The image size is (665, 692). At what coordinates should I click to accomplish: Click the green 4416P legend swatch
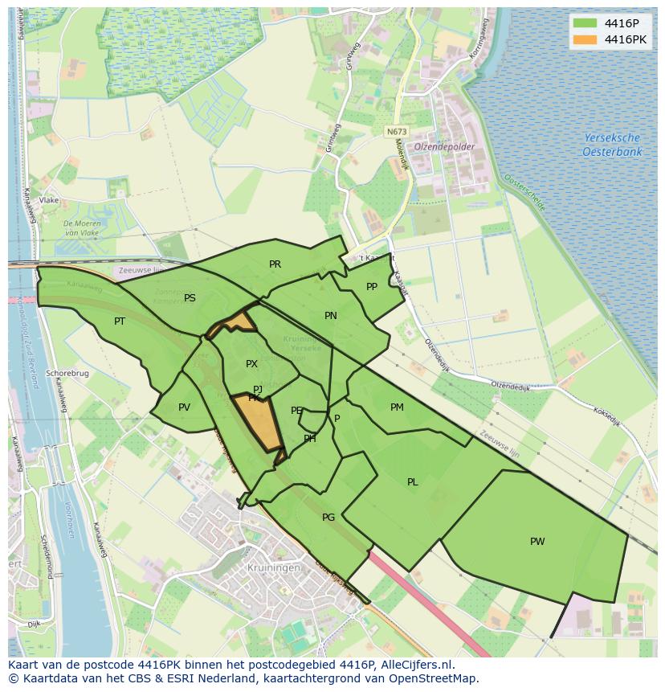click(585, 23)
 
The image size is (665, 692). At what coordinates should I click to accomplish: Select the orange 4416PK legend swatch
click(585, 39)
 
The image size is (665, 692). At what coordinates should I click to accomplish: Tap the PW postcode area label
click(537, 542)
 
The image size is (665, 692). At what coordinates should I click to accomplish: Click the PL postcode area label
click(412, 482)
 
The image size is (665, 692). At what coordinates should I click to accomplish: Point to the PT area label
click(120, 321)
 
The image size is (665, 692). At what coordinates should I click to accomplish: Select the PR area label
click(275, 264)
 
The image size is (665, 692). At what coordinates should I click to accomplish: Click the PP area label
click(371, 287)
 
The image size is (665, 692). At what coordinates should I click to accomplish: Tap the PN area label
click(330, 316)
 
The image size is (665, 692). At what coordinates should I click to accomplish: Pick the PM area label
click(397, 407)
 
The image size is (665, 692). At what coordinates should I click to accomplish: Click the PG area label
click(328, 518)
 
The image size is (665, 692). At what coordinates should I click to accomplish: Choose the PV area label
click(184, 407)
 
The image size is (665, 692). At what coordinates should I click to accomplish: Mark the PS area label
click(190, 298)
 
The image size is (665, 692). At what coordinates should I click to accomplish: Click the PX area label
click(251, 364)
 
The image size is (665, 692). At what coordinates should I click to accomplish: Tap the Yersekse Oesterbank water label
click(612, 145)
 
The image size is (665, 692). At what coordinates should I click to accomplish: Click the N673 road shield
click(394, 132)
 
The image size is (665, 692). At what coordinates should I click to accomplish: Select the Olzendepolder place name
click(444, 147)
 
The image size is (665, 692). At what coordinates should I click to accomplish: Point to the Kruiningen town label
click(275, 567)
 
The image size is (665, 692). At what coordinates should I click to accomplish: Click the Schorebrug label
click(67, 374)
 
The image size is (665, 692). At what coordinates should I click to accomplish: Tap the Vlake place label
click(49, 200)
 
